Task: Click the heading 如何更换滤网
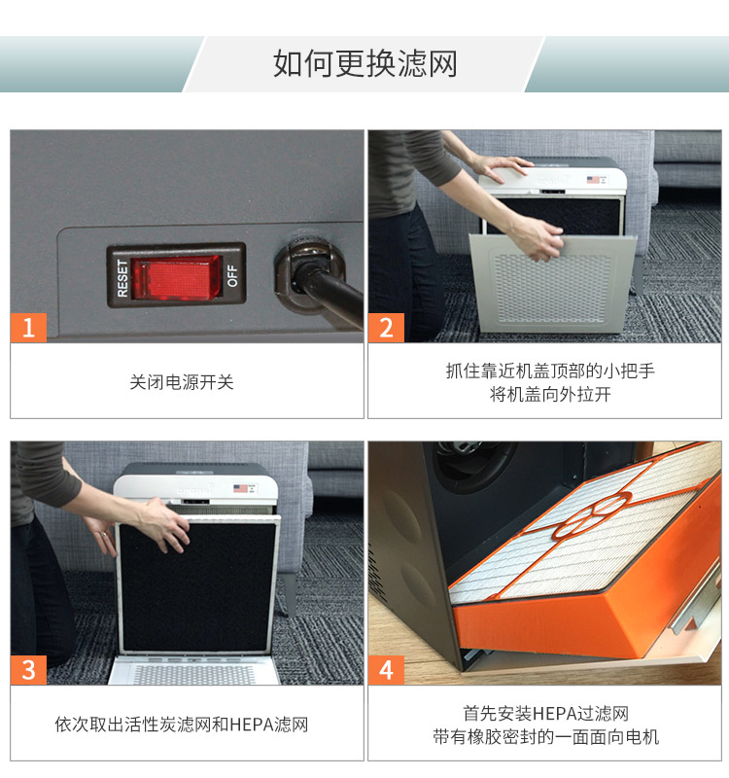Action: [x=364, y=64]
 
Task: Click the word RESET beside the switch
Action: [x=122, y=276]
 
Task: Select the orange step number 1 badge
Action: [x=28, y=327]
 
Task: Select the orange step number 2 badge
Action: [x=386, y=327]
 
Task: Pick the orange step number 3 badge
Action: [x=28, y=669]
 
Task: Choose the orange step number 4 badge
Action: [x=386, y=669]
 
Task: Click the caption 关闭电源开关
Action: [x=182, y=382]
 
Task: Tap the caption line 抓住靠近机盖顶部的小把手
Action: [x=544, y=371]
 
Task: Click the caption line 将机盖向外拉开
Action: [x=544, y=395]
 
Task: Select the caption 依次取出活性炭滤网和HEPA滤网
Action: [x=182, y=725]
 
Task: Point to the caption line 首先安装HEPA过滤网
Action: [x=544, y=713]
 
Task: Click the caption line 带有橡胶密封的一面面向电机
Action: [x=544, y=737]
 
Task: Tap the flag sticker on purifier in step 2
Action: [x=593, y=180]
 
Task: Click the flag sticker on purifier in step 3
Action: [x=240, y=488]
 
